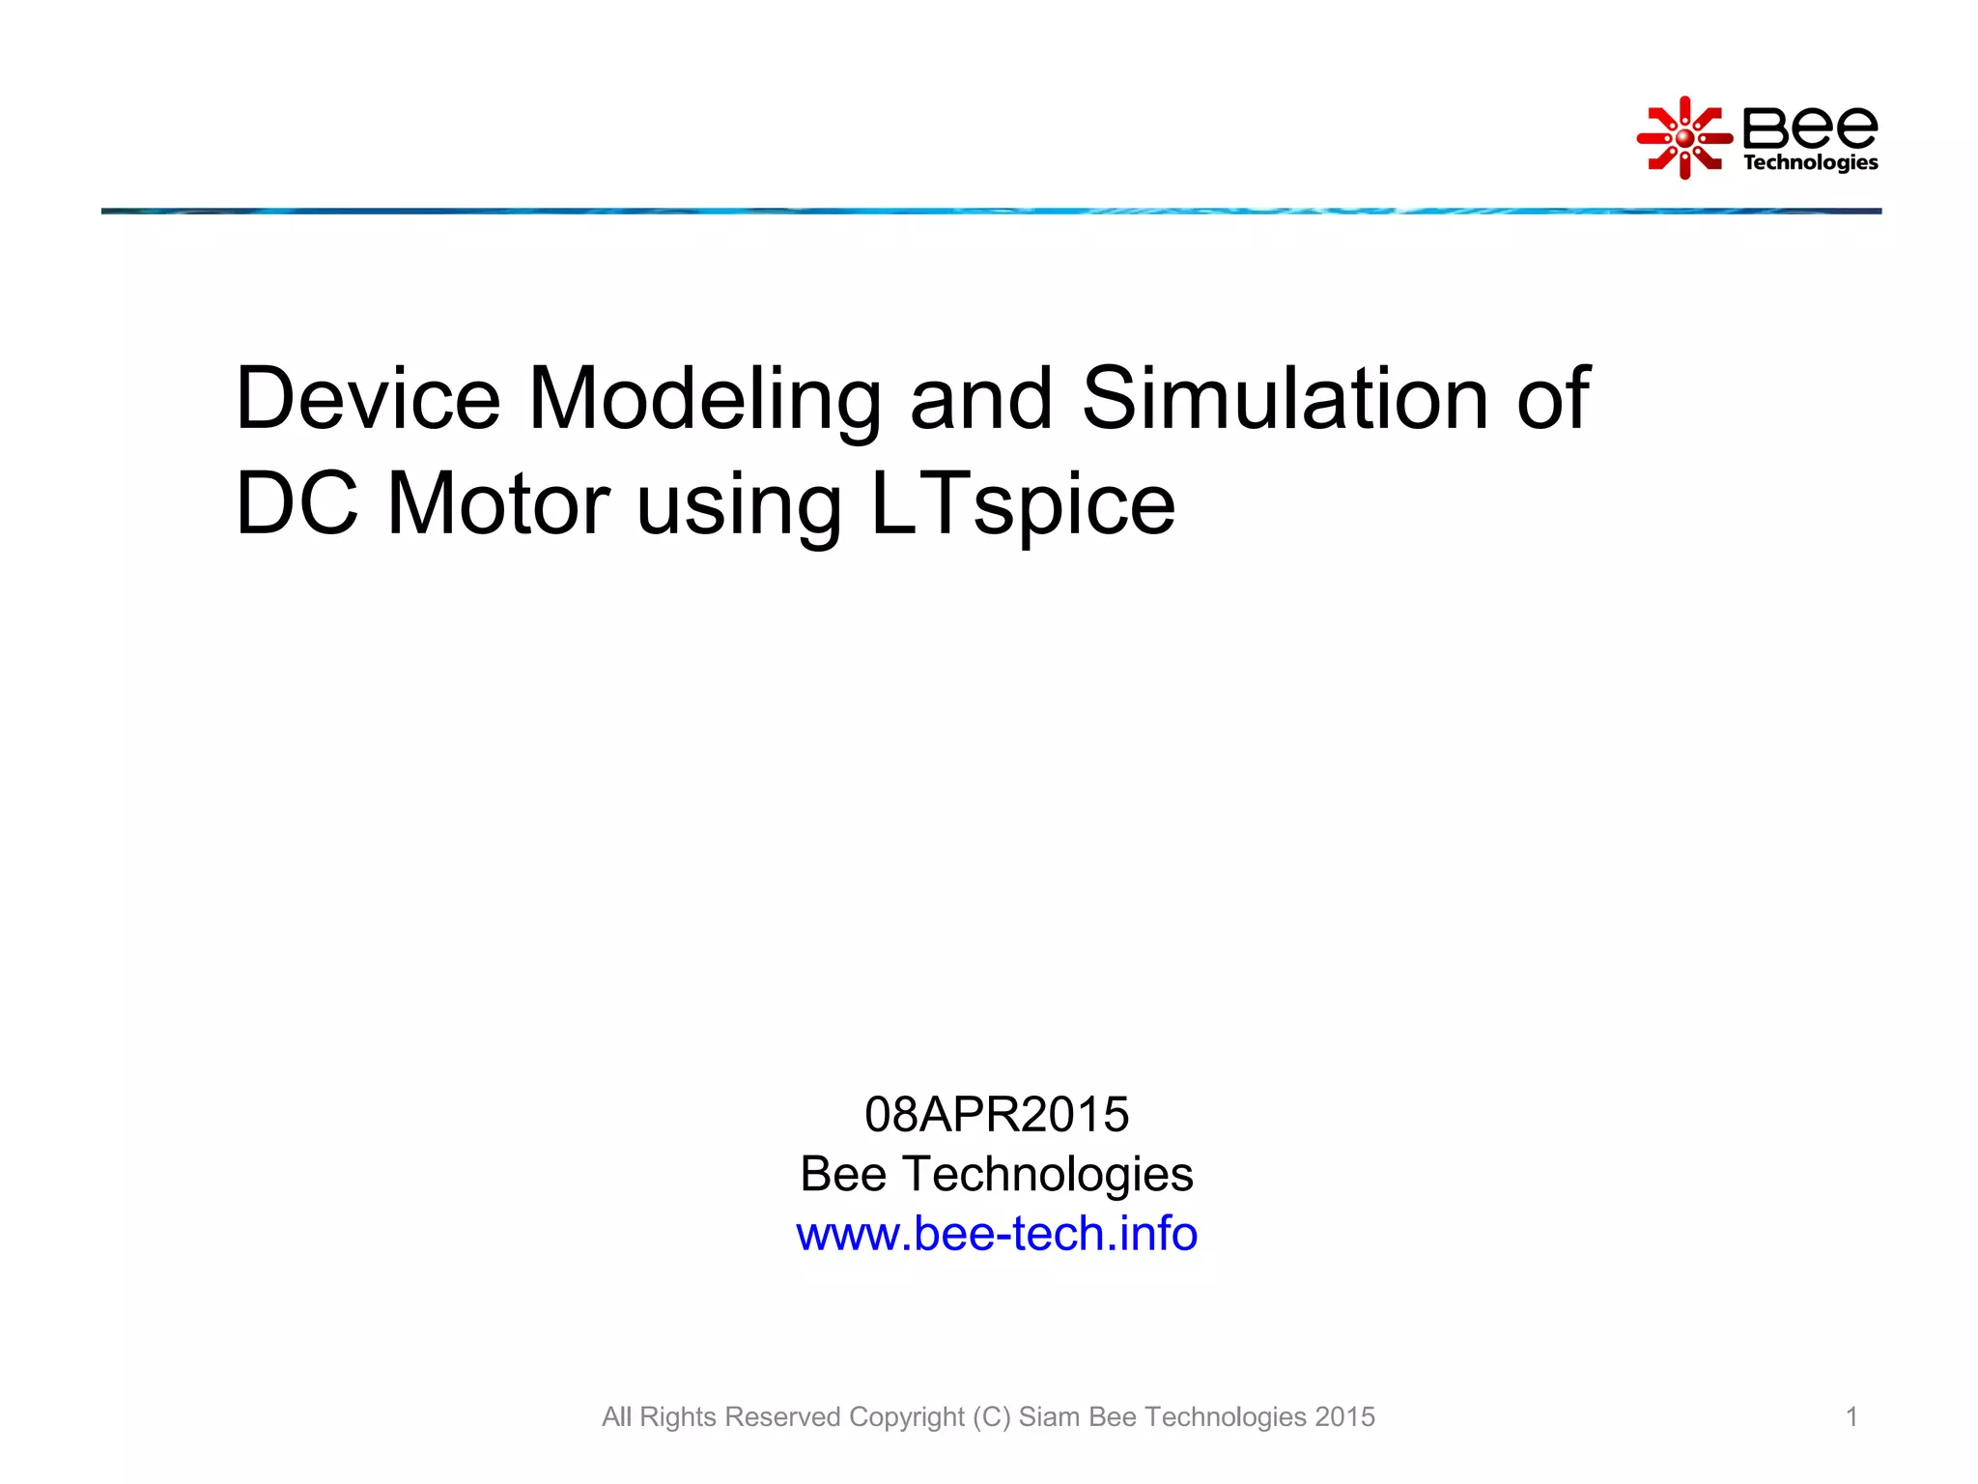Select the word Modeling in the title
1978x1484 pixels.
click(704, 401)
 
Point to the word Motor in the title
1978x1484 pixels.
click(497, 503)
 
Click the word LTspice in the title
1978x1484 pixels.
click(1023, 505)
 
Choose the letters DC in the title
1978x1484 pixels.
click(297, 503)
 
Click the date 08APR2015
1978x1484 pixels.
click(997, 1114)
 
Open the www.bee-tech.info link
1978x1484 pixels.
click(997, 1234)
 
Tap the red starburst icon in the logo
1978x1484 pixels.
click(1684, 138)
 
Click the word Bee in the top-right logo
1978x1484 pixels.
click(1810, 127)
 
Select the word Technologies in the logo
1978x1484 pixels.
click(1810, 162)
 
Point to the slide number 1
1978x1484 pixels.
click(1851, 1416)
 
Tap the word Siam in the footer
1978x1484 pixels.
click(1050, 1416)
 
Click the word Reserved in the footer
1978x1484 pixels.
click(782, 1416)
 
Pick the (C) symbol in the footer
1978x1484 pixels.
click(992, 1416)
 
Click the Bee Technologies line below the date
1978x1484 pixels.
click(997, 1174)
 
